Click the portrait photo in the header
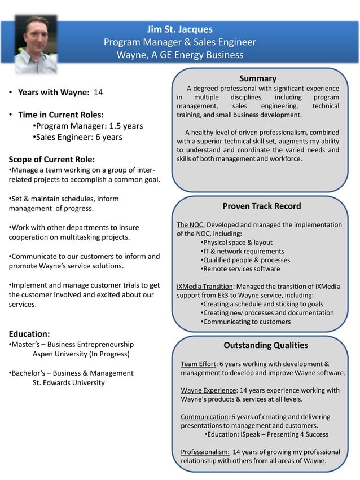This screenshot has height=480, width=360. click(36, 44)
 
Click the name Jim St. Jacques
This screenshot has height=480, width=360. click(179, 29)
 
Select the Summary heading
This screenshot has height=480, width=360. click(257, 78)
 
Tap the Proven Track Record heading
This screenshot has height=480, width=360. click(261, 206)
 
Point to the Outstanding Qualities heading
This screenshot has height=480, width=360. click(266, 345)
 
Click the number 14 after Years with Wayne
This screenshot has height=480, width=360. click(98, 92)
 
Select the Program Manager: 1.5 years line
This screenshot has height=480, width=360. click(88, 126)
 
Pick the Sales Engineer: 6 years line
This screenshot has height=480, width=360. click(78, 137)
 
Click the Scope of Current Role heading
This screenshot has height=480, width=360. click(52, 159)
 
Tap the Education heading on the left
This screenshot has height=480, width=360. click(29, 333)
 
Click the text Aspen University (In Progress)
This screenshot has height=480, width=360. click(81, 354)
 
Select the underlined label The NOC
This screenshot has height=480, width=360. click(191, 224)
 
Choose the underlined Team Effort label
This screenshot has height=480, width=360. click(198, 364)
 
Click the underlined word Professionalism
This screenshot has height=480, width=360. click(205, 452)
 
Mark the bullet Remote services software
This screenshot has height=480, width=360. click(241, 269)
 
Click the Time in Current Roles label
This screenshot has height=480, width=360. click(60, 115)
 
